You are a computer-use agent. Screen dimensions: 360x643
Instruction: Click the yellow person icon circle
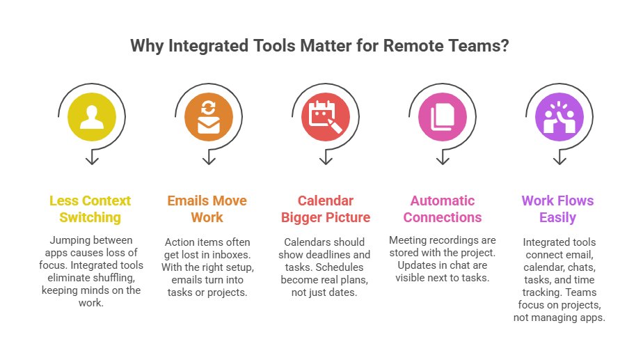coord(91,117)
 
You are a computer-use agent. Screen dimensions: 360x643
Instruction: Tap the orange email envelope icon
coord(208,117)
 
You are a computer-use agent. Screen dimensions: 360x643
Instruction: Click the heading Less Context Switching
coord(90,209)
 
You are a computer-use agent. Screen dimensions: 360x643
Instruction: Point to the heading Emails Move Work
coord(207,209)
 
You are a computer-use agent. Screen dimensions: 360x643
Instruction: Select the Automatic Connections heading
coord(442,209)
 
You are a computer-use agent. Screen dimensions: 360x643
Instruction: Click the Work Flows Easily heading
coord(557,209)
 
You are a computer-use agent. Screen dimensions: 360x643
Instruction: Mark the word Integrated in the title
coord(198,47)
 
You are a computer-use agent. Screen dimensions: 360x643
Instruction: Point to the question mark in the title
coord(507,47)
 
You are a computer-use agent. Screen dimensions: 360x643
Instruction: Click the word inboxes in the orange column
coord(231,254)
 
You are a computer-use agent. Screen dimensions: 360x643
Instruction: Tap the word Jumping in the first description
coord(68,241)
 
